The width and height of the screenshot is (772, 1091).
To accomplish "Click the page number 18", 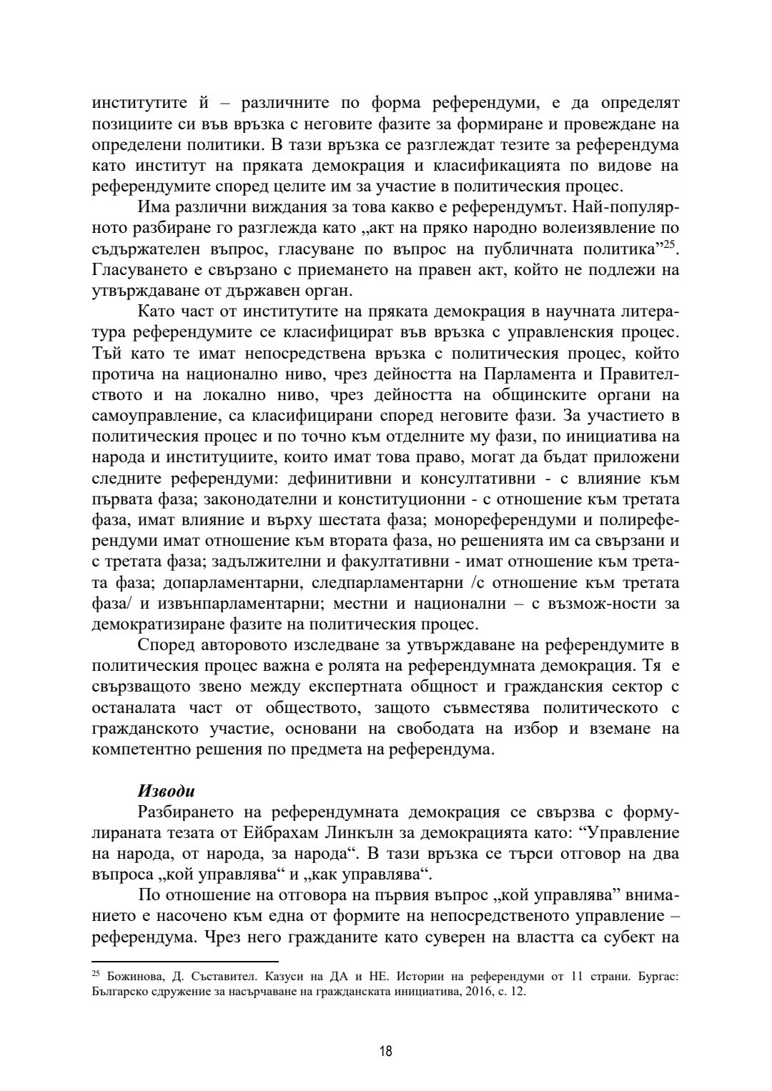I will coord(386,1051).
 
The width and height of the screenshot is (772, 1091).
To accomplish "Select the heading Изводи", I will coord(166,792).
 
